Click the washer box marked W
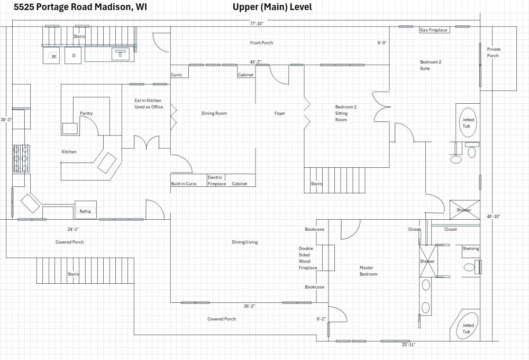coord(52,56)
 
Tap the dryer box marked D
coord(73,56)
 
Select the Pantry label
coord(86,113)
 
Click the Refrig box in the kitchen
coord(85,211)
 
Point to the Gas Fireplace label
coord(434,30)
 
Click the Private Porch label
coord(493,52)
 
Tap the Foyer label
coord(279,113)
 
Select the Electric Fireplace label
coord(216,181)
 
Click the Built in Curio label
coord(184,184)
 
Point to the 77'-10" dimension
coord(257,23)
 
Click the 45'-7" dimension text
coord(256,62)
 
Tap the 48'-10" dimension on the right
coord(493,216)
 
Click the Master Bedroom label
coord(369,271)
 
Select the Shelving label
coord(471,248)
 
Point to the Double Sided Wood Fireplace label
coord(308,258)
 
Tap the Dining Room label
coord(214,113)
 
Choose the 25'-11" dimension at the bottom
coord(408,345)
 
